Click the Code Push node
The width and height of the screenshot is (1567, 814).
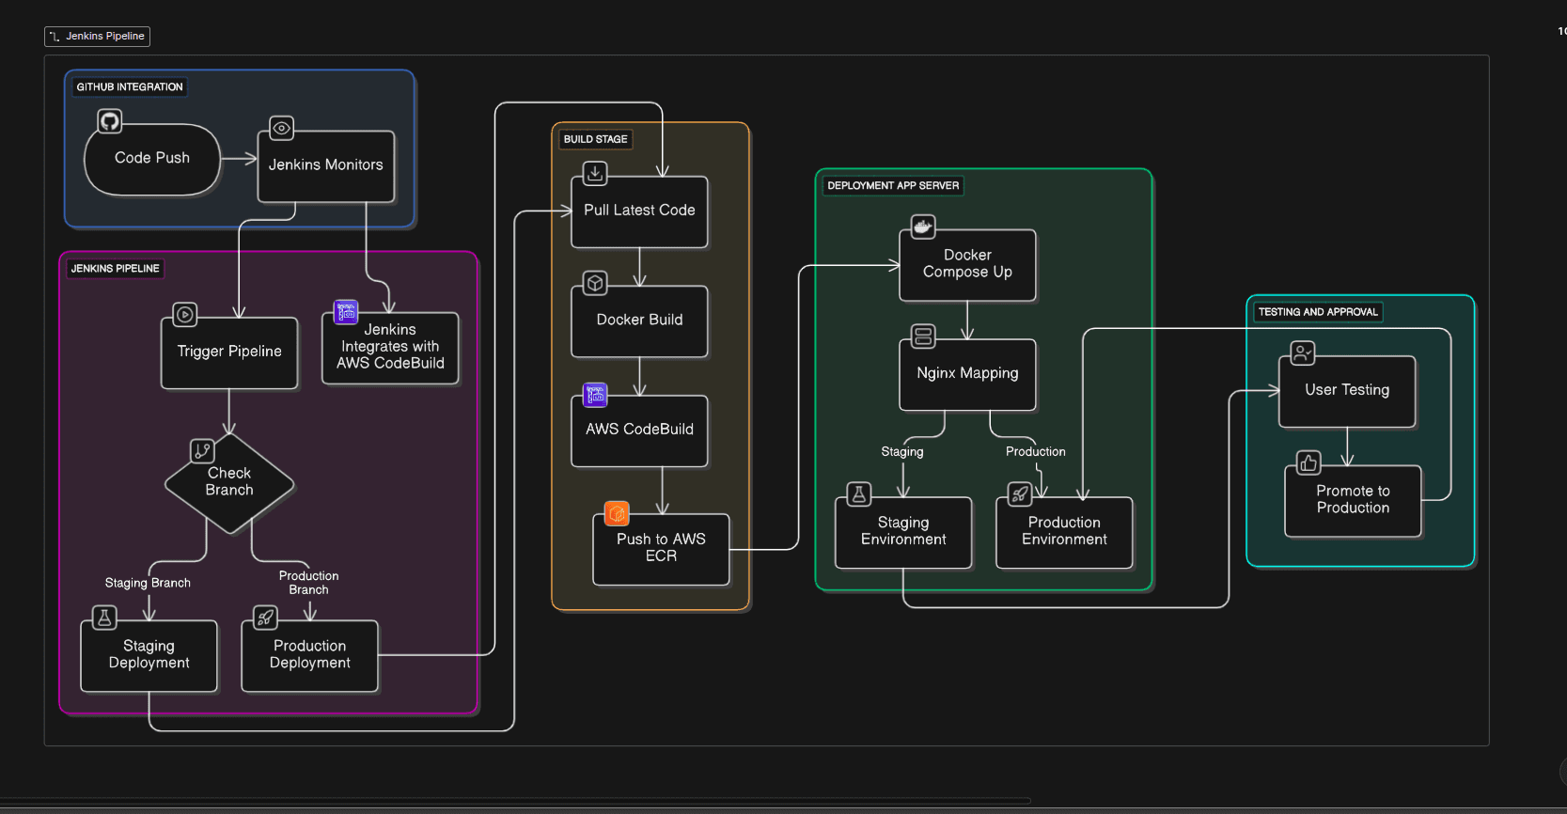[152, 159]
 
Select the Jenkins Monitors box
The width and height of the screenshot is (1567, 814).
[325, 165]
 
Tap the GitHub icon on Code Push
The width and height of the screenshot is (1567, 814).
[110, 121]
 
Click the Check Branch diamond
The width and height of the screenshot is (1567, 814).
[229, 482]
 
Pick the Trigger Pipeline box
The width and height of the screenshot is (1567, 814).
[229, 352]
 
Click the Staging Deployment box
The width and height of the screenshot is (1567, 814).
[149, 655]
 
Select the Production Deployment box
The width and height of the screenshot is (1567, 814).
[309, 655]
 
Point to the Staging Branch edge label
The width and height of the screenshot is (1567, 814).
[148, 583]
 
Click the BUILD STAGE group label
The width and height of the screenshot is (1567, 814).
[595, 139]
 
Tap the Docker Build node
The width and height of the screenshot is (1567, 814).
[639, 321]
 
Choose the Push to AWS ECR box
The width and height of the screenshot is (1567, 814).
[661, 548]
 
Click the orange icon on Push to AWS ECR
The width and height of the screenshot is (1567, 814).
[617, 513]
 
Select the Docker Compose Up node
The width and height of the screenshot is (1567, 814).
[967, 264]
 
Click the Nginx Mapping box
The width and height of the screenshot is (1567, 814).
[967, 374]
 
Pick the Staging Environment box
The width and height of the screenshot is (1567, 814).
[903, 532]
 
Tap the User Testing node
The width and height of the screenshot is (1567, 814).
[1346, 391]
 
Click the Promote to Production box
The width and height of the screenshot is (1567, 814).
[1352, 500]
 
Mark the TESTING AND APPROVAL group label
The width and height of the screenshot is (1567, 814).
[1317, 312]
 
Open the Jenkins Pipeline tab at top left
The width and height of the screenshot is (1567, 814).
[98, 37]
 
